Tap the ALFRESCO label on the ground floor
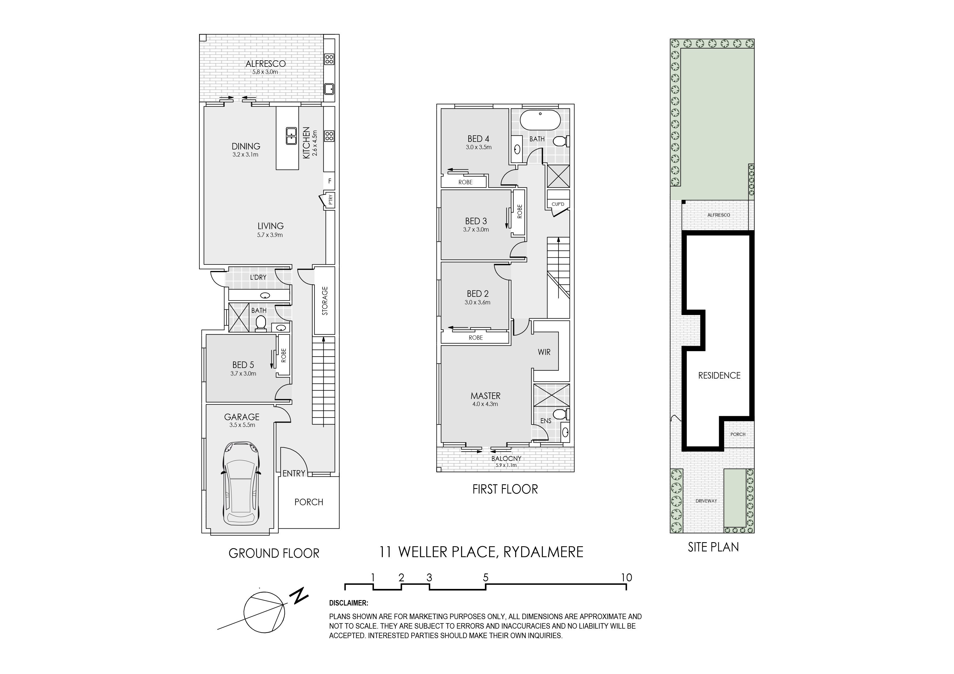click(x=265, y=64)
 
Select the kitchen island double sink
click(x=291, y=135)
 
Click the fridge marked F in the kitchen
click(x=330, y=181)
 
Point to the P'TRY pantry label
click(x=331, y=201)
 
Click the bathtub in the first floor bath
click(x=540, y=120)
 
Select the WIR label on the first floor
click(x=544, y=352)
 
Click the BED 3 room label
click(x=476, y=221)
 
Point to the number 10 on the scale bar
click(x=627, y=577)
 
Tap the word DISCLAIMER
click(x=348, y=603)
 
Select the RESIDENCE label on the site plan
click(x=719, y=375)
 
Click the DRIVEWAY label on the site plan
click(x=706, y=501)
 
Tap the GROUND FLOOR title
click(x=274, y=553)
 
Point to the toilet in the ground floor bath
click(x=261, y=323)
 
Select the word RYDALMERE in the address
click(x=543, y=552)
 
